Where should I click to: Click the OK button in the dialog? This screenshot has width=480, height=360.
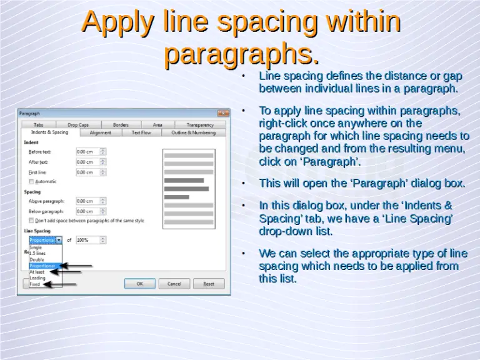[139, 284]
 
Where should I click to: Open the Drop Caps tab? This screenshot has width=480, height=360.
[78, 125]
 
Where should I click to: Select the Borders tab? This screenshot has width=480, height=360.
[121, 125]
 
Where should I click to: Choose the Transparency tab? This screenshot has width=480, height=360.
[199, 125]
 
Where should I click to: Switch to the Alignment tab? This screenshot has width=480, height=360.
[100, 132]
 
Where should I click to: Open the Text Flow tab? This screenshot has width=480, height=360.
[141, 132]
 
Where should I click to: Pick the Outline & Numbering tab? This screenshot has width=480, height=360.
[193, 132]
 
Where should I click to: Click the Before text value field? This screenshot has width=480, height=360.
[87, 152]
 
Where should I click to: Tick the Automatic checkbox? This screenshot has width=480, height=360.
[31, 181]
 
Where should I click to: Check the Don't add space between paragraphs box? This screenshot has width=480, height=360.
[31, 221]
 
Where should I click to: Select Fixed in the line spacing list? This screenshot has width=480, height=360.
[35, 284]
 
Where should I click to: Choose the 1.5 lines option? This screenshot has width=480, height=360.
[37, 254]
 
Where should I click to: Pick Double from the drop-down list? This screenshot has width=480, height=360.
[37, 259]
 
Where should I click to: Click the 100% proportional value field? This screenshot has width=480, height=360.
[87, 240]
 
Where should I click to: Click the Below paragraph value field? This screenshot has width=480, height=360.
[87, 211]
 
